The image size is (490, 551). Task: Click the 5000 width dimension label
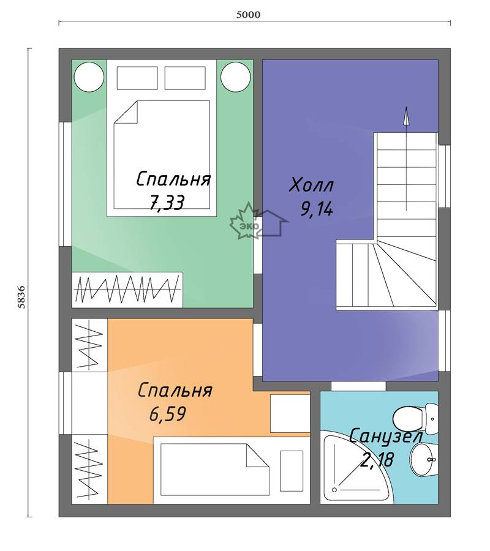tap(248, 15)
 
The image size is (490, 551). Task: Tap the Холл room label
tap(311, 185)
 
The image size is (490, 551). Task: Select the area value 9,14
tap(316, 209)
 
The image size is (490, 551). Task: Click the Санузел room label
tap(386, 436)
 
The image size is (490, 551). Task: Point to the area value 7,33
tap(167, 203)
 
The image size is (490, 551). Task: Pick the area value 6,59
tap(167, 414)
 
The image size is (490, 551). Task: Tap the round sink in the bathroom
tap(424, 459)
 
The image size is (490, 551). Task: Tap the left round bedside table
tap(89, 77)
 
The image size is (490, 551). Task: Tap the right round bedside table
tap(236, 77)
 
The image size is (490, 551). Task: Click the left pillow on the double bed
tap(137, 78)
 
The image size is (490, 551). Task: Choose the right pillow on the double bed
tap(185, 78)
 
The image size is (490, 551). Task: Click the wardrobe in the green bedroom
tap(127, 290)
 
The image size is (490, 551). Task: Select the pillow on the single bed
tap(292, 471)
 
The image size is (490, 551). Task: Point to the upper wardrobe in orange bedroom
tap(89, 345)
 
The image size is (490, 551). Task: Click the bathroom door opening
tap(358, 386)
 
